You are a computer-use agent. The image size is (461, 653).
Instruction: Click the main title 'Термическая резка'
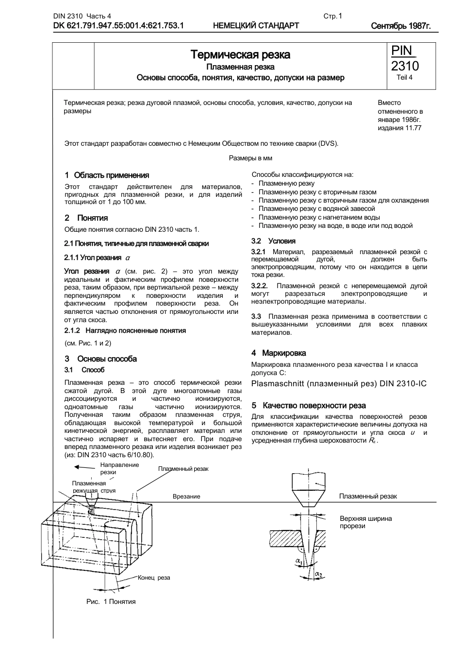(x=240, y=54)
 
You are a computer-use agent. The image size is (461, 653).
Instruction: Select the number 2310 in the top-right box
(x=405, y=66)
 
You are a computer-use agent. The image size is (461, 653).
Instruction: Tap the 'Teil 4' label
(x=404, y=77)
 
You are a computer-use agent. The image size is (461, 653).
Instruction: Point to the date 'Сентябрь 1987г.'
(x=400, y=26)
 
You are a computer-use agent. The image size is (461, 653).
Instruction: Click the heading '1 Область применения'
(x=107, y=175)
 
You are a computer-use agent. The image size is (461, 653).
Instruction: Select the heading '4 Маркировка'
(x=279, y=353)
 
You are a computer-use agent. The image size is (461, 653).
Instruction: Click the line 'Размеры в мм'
(x=250, y=158)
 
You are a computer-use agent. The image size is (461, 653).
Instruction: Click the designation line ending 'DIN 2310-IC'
(x=339, y=384)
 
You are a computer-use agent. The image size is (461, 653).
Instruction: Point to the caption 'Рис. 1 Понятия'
(x=111, y=601)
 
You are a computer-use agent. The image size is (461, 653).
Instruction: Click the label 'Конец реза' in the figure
(x=154, y=578)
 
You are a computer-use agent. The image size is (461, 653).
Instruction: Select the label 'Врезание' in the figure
(x=186, y=497)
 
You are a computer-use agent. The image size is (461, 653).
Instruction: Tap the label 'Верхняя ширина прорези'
(x=365, y=522)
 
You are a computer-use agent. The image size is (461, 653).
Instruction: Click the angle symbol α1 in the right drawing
(x=298, y=562)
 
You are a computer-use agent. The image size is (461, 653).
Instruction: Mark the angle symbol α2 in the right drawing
(x=318, y=574)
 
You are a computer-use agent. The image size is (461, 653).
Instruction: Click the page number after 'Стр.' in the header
(x=340, y=16)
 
